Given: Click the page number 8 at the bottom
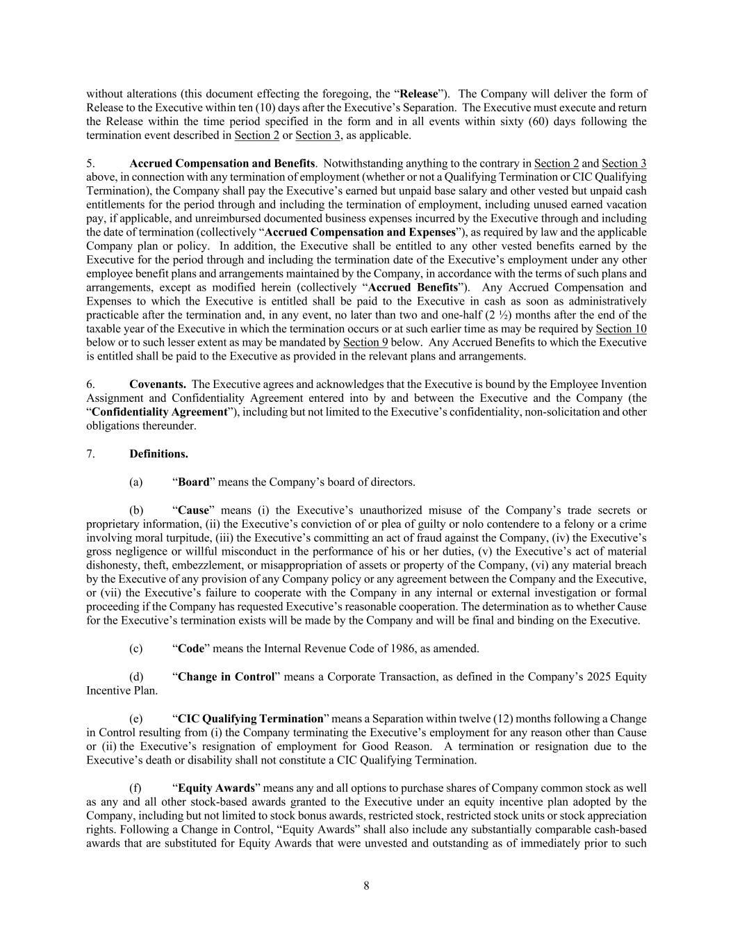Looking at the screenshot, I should [x=366, y=886].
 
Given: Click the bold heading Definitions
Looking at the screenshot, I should [x=158, y=454].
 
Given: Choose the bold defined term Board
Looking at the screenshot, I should [x=194, y=482].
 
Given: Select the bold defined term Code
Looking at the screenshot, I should [x=191, y=649].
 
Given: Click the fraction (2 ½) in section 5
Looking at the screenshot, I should [x=510, y=315].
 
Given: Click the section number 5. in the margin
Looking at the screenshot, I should [x=90, y=163].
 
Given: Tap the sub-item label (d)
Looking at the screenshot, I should [x=136, y=676].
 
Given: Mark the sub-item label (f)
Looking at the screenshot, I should [x=135, y=788].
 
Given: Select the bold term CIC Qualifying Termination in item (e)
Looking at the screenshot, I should [x=251, y=719].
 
